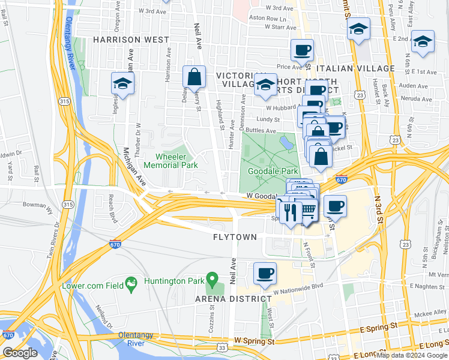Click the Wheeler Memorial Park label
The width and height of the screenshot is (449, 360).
[x=172, y=160]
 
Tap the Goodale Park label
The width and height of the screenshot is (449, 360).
[x=273, y=171]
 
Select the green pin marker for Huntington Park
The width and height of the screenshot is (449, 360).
[x=211, y=279]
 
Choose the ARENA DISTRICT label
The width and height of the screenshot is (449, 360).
[x=232, y=299]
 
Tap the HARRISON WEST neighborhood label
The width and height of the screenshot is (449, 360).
[x=131, y=40]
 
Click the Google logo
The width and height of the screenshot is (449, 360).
[x=20, y=353]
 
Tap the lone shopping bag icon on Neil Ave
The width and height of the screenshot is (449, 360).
[x=194, y=77]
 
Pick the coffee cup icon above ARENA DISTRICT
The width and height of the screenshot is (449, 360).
[x=265, y=274]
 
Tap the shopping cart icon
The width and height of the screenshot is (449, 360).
[x=308, y=209]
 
